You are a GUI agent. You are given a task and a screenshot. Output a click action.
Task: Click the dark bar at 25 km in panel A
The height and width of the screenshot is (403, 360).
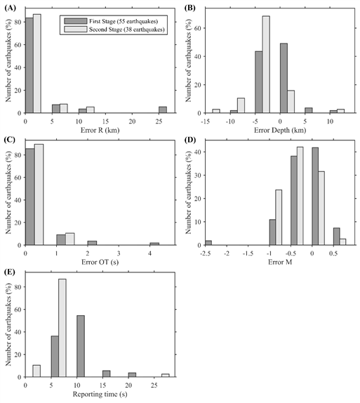click(x=163, y=110)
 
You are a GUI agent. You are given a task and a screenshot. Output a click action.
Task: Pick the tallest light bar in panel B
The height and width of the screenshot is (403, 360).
click(x=267, y=65)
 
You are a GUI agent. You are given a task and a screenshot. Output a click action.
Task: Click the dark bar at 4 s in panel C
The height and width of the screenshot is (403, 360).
click(x=154, y=244)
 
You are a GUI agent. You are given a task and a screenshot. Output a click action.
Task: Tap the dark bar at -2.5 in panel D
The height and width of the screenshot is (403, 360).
click(x=208, y=243)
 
